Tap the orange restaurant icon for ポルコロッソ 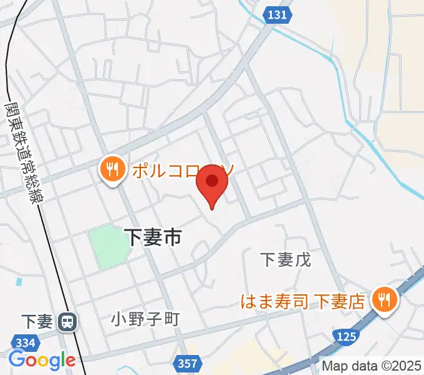coord(112,170)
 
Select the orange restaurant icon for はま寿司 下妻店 coord(383,301)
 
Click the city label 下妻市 coord(153,236)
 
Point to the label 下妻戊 coord(285,259)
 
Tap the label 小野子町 coord(145,319)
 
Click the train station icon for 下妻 coord(65,322)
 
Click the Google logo coord(42,360)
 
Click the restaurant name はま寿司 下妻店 coord(303,302)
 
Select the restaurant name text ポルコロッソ coord(181,169)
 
